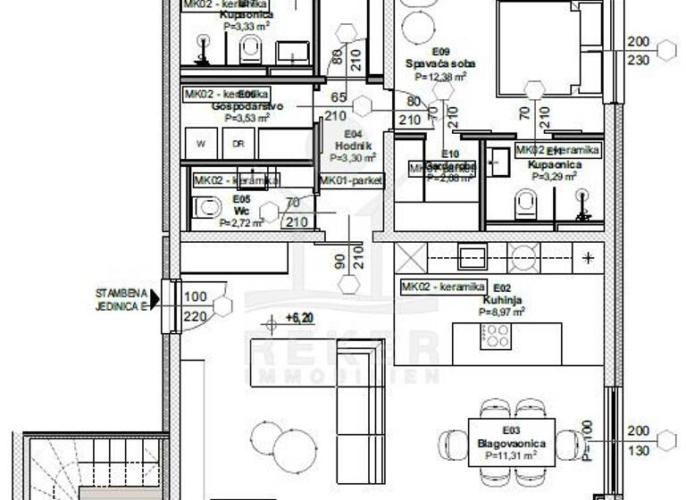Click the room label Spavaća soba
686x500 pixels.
439,64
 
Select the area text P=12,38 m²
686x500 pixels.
439,77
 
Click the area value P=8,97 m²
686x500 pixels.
501,312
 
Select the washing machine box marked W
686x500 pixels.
201,143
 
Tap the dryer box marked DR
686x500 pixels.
238,143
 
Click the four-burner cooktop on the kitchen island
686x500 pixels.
496,336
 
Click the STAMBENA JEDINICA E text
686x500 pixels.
121,298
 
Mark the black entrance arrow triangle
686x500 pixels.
155,299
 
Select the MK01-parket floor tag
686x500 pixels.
352,180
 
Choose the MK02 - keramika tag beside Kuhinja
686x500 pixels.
443,287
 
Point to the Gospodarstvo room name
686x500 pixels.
247,106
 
